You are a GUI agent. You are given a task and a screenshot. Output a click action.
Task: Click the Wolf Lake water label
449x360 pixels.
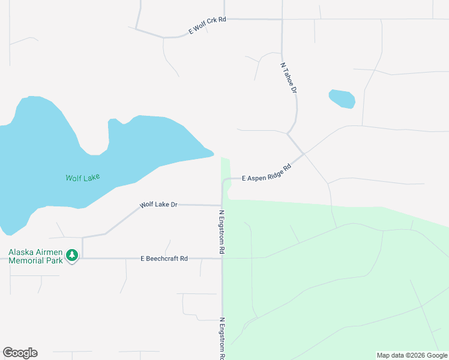pyautogui.click(x=82, y=178)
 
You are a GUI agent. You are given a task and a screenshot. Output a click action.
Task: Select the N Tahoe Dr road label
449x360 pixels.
pyautogui.click(x=289, y=77)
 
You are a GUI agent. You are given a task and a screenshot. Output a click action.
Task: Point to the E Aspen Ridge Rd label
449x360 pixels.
pyautogui.click(x=266, y=172)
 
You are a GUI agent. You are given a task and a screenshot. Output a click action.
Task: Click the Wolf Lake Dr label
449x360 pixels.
pyautogui.click(x=158, y=205)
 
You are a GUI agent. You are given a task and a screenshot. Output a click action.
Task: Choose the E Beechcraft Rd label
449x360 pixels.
pyautogui.click(x=164, y=259)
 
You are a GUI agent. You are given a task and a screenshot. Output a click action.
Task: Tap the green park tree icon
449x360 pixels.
pyautogui.click(x=72, y=256)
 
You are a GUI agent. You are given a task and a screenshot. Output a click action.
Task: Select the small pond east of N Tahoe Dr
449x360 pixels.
pyautogui.click(x=342, y=98)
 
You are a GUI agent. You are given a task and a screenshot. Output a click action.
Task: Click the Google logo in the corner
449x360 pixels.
pyautogui.click(x=20, y=353)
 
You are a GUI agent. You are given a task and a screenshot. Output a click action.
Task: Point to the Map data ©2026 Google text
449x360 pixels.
pyautogui.click(x=412, y=355)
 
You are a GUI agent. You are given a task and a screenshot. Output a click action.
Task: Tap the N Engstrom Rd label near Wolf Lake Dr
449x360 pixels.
pyautogui.click(x=221, y=232)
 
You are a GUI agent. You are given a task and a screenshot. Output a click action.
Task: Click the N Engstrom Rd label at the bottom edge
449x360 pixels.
pyautogui.click(x=222, y=339)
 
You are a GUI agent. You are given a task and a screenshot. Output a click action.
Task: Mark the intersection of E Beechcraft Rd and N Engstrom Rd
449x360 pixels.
pyautogui.click(x=222, y=259)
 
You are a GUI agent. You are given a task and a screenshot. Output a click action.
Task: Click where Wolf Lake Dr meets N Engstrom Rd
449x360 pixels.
pyautogui.click(x=222, y=205)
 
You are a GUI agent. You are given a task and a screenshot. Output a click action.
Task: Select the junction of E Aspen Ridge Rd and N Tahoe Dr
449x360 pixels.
pyautogui.click(x=304, y=154)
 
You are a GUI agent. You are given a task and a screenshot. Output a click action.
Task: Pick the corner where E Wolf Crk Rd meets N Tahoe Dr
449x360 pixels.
pyautogui.click(x=282, y=19)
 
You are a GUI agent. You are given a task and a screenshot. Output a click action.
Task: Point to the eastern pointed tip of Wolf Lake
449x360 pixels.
pyautogui.click(x=212, y=154)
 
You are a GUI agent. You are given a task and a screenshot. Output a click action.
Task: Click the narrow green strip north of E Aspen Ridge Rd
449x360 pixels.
pyautogui.click(x=225, y=167)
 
